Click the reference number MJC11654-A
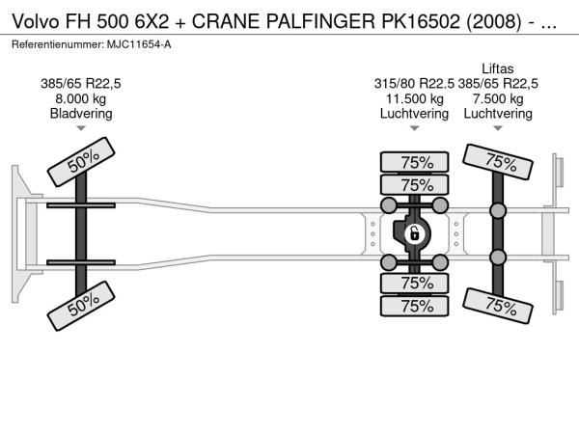coord(139,44)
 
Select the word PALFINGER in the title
coord(320,22)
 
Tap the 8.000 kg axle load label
coord(80,99)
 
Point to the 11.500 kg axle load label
coord(414,99)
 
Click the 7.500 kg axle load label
coord(498,99)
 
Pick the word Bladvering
coord(81,114)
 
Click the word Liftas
coord(497,68)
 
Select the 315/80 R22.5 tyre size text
coord(414,84)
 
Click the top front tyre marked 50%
coord(81,162)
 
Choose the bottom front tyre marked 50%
coord(81,306)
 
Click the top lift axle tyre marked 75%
coord(497,162)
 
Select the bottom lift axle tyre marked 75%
coord(497,306)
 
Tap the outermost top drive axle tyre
coord(414,162)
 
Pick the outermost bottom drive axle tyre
coord(414,306)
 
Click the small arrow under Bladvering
coord(81,128)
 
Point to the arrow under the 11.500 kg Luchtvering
coord(414,128)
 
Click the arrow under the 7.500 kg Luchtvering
coord(498,128)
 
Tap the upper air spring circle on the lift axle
coord(498,210)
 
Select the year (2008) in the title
coord(494,22)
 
